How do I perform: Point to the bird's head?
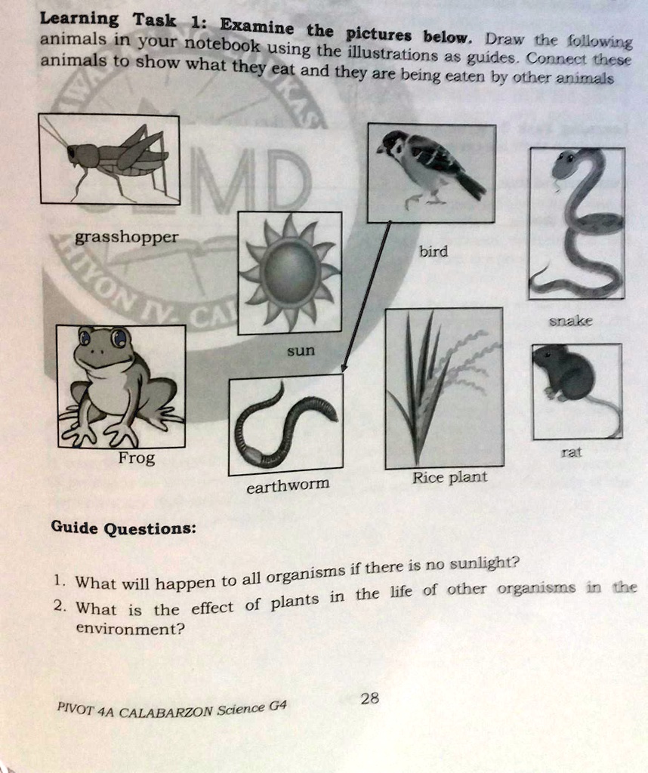point(393,142)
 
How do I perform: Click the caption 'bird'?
point(434,251)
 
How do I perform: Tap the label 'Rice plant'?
point(449,478)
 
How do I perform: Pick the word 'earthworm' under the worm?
point(288,486)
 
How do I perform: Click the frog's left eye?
point(85,337)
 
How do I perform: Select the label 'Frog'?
point(137,459)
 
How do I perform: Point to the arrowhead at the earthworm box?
point(344,368)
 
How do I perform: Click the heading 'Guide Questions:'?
point(123,528)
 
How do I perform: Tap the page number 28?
point(369,699)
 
